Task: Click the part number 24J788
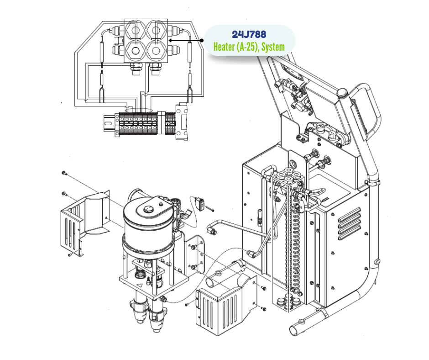pos(249,34)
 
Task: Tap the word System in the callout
pos(273,47)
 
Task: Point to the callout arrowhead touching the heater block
pos(170,40)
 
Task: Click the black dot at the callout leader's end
pos(202,40)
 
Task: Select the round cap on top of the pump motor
pos(147,209)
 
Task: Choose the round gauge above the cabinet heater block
pos(293,163)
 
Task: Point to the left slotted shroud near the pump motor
pos(82,219)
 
